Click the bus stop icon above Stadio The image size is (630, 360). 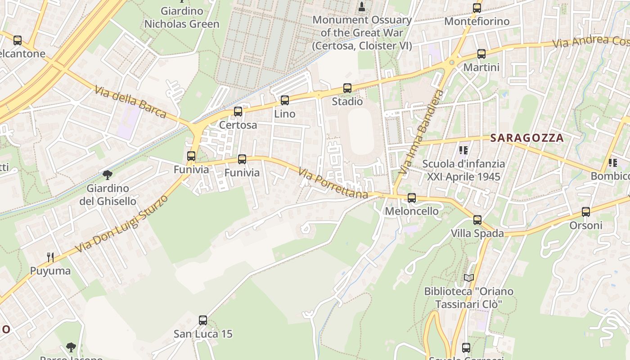coord(347,88)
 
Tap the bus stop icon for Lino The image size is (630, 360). coord(284,100)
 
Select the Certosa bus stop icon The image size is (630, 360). coord(238,112)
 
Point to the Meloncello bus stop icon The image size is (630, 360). coord(411,198)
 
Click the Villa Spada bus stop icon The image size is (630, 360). coord(477,220)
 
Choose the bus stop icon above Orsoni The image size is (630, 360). coord(585,212)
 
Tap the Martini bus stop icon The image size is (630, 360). coord(481,54)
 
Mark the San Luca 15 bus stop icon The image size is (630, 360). coord(203,320)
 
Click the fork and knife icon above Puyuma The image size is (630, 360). coord(50,257)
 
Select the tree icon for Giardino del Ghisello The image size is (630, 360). coord(108,175)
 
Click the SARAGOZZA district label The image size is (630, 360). coord(526,138)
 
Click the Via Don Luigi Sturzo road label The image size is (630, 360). coord(121,224)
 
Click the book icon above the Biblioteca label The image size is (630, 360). coord(469,278)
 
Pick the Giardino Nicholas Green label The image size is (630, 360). coord(182,18)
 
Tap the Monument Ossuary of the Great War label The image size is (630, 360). coord(362,32)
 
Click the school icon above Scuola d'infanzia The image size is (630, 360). coord(463,150)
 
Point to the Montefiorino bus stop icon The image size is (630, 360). coord(477,8)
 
